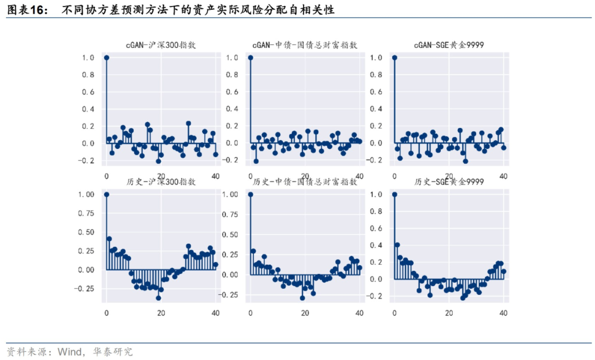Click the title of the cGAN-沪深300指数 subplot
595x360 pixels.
coord(161,45)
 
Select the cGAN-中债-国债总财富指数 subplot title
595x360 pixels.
coord(305,45)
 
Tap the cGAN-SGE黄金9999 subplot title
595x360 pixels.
coord(449,45)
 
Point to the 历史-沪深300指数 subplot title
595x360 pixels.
coord(161,181)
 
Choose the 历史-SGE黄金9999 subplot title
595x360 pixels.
coord(449,181)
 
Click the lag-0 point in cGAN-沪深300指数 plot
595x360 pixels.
coord(106,57)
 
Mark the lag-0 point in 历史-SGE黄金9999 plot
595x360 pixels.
coord(394,194)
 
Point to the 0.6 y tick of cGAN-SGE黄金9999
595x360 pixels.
coord(376,92)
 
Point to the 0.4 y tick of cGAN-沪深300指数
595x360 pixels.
coord(88,109)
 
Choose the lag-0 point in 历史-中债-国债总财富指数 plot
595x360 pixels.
coord(251,194)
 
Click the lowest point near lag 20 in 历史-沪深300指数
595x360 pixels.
coord(159,298)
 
